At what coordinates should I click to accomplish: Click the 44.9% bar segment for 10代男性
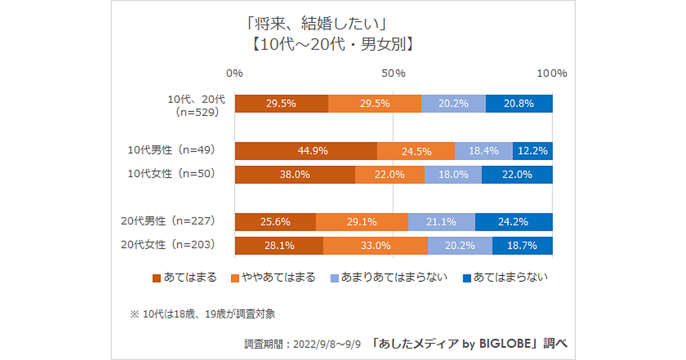[306, 151]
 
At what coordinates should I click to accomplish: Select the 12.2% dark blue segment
[533, 151]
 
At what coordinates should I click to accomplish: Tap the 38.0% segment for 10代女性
[295, 175]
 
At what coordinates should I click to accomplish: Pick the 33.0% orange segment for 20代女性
[376, 246]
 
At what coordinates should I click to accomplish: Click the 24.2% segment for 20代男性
[514, 222]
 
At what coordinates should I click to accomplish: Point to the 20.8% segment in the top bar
[519, 103]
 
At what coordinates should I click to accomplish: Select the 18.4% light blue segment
[484, 151]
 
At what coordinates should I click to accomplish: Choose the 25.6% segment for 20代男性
[276, 222]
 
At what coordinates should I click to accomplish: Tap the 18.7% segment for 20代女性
[523, 246]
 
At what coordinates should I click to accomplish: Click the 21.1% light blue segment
[441, 222]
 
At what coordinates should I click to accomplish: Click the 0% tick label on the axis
[234, 73]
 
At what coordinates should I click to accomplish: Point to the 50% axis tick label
[393, 73]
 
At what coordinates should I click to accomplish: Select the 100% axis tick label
[552, 73]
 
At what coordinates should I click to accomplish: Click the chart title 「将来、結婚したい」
[315, 26]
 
